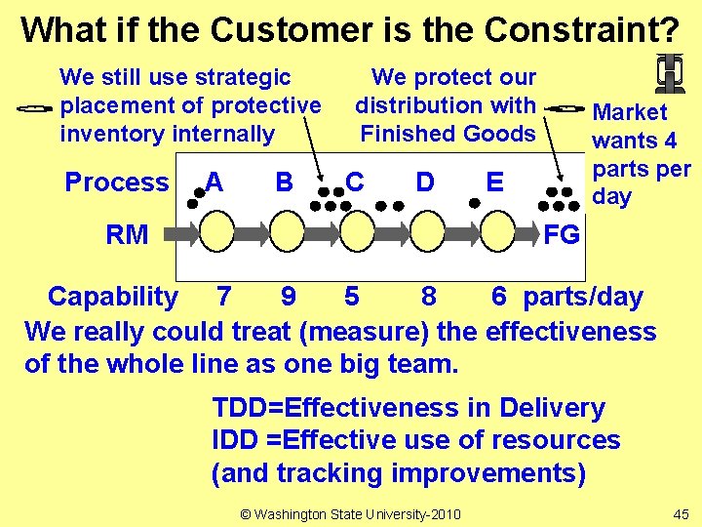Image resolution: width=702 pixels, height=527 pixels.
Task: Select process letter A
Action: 214,182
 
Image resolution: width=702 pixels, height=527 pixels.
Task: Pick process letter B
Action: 285,182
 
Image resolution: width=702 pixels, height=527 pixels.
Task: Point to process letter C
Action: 355,182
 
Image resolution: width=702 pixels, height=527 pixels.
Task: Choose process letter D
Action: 425,182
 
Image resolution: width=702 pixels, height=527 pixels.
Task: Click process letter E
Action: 495,182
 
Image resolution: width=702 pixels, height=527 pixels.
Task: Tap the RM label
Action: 127,234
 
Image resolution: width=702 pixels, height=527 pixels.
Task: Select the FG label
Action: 562,234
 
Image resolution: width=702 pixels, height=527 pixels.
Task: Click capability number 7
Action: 224,297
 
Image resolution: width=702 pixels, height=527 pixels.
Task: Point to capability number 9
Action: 289,297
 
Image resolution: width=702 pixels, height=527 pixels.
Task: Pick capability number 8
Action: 428,297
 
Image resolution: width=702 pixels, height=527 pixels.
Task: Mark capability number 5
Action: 352,297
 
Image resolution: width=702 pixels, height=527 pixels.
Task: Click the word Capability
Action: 113,297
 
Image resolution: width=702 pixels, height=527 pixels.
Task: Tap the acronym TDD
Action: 238,408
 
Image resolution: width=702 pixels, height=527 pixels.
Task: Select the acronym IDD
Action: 235,440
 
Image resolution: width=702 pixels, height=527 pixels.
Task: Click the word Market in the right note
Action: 630,112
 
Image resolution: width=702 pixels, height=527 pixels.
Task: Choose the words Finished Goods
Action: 448,133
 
